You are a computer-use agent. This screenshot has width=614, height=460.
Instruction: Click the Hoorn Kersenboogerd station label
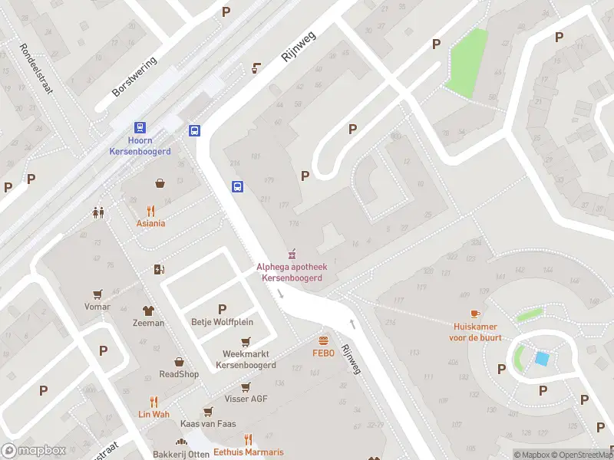pos(140,146)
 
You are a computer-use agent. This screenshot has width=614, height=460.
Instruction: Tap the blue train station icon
pos(140,128)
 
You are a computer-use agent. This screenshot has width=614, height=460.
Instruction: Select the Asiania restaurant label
pos(151,223)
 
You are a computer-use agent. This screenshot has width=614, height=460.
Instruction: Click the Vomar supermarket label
pos(97,306)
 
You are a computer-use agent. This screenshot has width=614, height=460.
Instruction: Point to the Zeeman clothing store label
pos(148,323)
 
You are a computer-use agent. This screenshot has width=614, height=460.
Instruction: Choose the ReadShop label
pos(179,374)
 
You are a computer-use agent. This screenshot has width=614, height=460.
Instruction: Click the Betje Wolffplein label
pos(222,322)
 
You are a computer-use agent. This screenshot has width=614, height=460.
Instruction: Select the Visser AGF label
pos(246,399)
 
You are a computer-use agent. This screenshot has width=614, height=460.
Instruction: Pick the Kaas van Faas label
pos(208,423)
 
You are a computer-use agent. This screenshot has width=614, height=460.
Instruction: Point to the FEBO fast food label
pos(323,353)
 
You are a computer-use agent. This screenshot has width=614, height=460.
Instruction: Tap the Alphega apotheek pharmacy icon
pos(291,254)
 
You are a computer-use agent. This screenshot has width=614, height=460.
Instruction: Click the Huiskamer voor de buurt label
pos(476,330)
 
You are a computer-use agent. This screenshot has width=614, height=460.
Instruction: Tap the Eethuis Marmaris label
pos(248,452)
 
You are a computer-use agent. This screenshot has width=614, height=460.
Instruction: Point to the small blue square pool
pos(542,359)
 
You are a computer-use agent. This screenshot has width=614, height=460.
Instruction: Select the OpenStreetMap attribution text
pos(579,455)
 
